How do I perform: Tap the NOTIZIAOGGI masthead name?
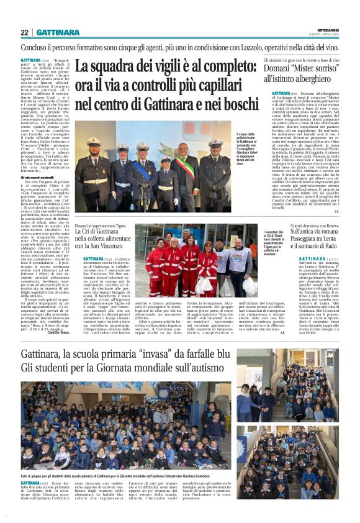coord(328,30)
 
